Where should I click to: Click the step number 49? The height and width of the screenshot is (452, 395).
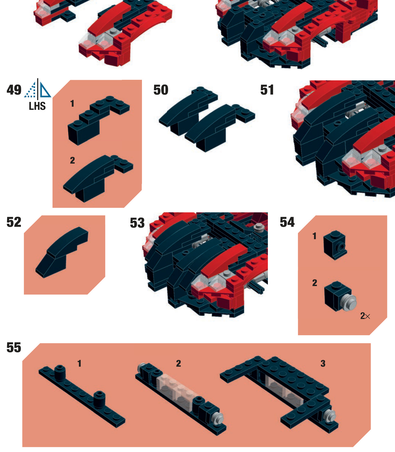(x=14, y=90)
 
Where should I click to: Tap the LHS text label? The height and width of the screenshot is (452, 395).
(x=37, y=106)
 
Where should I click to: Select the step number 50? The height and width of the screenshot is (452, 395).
(x=161, y=90)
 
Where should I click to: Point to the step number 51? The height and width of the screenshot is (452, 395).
(x=267, y=90)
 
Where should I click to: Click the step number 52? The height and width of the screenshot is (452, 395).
(x=14, y=222)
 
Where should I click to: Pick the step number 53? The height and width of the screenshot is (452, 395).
(x=137, y=223)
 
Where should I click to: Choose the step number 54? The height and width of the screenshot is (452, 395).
(x=287, y=222)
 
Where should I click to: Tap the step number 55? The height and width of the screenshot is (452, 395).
(x=14, y=347)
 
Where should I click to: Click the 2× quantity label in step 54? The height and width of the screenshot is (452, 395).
(x=365, y=316)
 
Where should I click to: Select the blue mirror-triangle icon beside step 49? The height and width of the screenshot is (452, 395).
(x=38, y=88)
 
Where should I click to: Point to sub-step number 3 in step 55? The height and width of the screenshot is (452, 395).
(x=323, y=364)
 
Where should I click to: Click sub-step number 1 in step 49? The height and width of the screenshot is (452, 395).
(x=72, y=104)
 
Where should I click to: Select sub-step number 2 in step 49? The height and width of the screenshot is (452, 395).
(x=73, y=160)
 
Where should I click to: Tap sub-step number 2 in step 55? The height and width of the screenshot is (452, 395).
(x=179, y=364)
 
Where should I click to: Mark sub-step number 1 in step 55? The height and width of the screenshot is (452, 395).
(x=79, y=364)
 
